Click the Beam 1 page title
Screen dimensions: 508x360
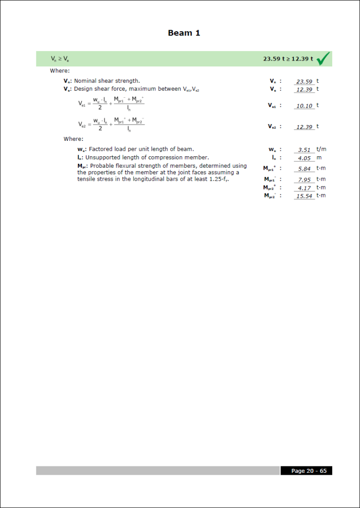coord(184,33)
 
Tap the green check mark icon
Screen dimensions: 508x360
coord(323,59)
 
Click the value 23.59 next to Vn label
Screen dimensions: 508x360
coord(304,81)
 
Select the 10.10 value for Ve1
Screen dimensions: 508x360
coord(304,106)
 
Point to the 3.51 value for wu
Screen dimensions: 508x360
coord(304,149)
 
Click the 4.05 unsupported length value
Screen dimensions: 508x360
coord(304,158)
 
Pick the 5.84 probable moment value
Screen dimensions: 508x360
coord(304,169)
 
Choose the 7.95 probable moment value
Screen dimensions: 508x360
coord(304,180)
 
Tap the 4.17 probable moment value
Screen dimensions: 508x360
coord(304,188)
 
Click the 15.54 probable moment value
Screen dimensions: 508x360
coord(304,196)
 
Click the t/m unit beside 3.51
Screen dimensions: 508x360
coord(321,149)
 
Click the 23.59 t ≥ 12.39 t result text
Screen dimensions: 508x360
coord(288,59)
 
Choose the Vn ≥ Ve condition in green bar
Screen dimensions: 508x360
coord(60,59)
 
